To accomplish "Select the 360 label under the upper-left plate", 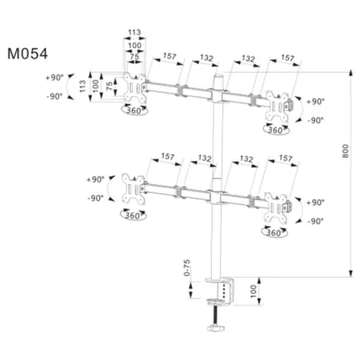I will click(x=132, y=111).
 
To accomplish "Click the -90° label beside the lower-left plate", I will click(x=94, y=198).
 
